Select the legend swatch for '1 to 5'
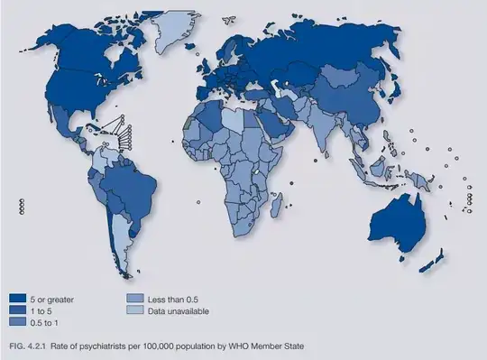tap(17, 309)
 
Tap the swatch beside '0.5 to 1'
tap(17, 320)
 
